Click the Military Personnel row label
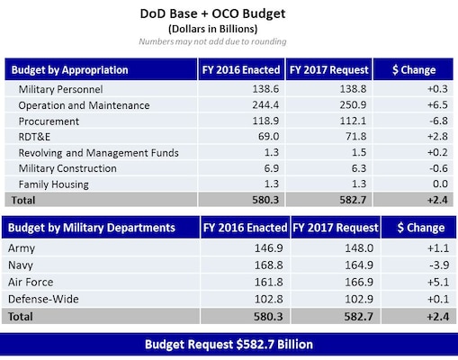coord(61,90)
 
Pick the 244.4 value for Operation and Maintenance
coord(238,105)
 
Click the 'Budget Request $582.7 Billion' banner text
coord(229,345)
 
